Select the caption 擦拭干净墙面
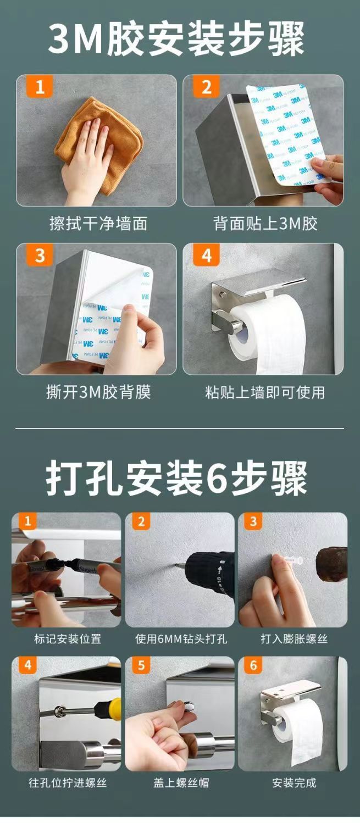pyautogui.click(x=97, y=224)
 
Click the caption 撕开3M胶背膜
pyautogui.click(x=98, y=392)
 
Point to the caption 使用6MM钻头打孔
pyautogui.click(x=181, y=639)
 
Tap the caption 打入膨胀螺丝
pyautogui.click(x=293, y=639)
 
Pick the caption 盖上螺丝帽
pyautogui.click(x=181, y=783)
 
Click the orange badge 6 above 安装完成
pyautogui.click(x=253, y=665)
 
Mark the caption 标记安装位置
pyautogui.click(x=67, y=639)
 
